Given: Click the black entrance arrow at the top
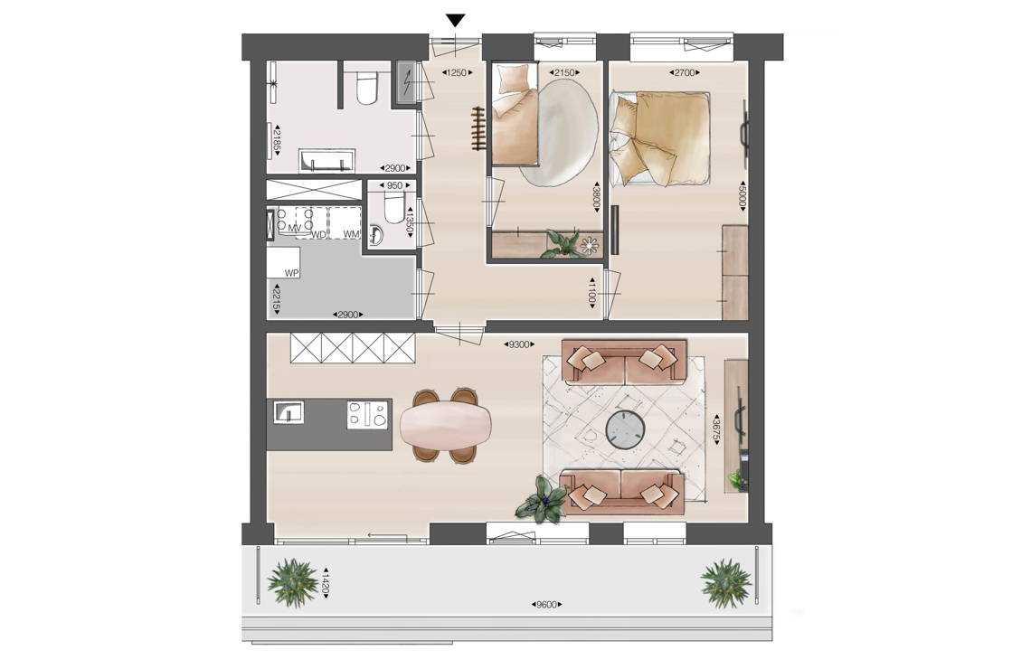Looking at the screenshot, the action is click(x=455, y=21).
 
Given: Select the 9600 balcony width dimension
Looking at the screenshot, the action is click(x=546, y=605).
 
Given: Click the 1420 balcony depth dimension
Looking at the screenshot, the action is click(x=325, y=582).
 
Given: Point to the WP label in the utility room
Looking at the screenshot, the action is click(x=291, y=273).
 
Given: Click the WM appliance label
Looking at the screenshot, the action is click(x=351, y=234).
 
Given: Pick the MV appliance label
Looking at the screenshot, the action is click(x=294, y=228).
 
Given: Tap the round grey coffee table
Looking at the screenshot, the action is click(x=625, y=429).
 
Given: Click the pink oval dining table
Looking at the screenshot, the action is click(x=445, y=426).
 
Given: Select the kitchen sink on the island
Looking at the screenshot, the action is click(x=288, y=412).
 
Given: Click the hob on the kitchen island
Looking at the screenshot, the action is click(x=368, y=414).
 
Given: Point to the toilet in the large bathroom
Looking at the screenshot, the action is click(x=365, y=90).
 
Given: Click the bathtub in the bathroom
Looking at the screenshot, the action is click(x=327, y=160).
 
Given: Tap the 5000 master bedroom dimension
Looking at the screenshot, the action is click(x=742, y=195).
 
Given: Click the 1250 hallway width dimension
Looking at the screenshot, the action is click(x=457, y=72).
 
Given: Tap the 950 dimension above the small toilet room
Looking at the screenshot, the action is click(x=393, y=185).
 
